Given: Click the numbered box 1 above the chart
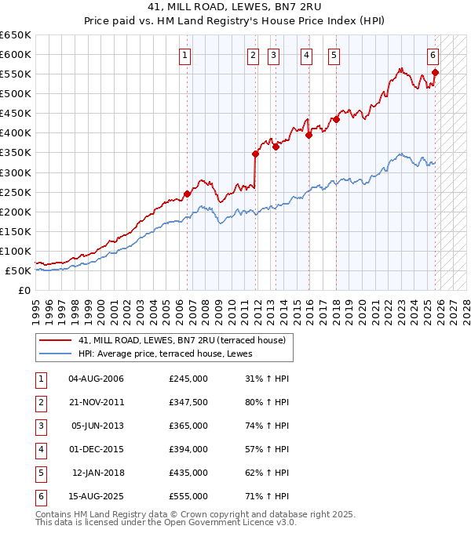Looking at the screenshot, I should point(184,55).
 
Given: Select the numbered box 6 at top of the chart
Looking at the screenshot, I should point(433,55).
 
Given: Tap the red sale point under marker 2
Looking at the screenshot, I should point(256,154).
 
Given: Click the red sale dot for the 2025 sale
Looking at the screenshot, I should point(435,73).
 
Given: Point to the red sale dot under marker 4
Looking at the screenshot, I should point(309,135).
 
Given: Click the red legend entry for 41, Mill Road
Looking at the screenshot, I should point(186,340).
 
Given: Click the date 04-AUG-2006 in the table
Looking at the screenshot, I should point(97,379).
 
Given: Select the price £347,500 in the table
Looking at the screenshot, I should point(188,403).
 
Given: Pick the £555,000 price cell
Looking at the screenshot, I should point(188,496).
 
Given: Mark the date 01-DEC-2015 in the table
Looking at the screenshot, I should point(97,449).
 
